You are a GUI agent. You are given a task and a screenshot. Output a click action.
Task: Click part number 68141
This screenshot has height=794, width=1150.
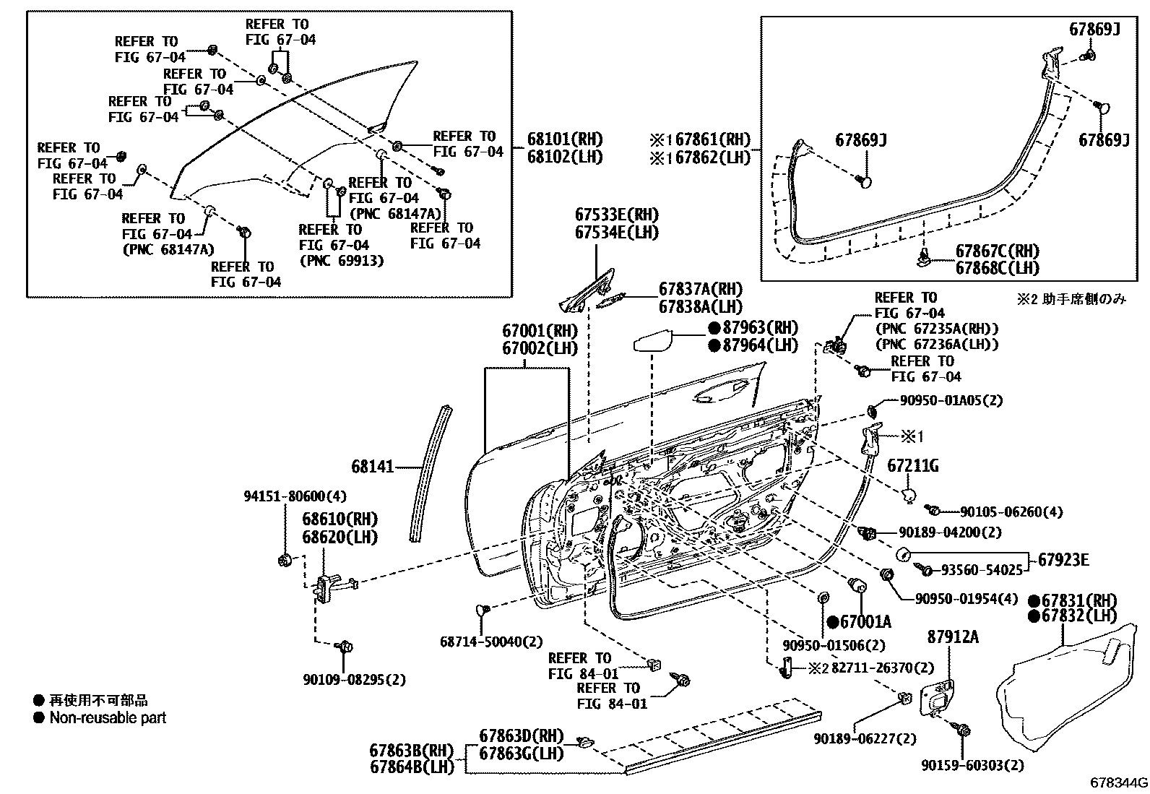click(x=373, y=467)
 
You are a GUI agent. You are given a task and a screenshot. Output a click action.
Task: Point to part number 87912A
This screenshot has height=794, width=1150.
click(x=953, y=637)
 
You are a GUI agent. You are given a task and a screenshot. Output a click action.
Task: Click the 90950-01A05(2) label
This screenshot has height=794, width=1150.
click(x=951, y=400)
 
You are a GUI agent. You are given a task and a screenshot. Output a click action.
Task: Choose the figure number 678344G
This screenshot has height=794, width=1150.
click(x=1119, y=783)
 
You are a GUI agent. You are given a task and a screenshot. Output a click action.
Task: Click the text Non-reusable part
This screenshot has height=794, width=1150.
click(x=108, y=718)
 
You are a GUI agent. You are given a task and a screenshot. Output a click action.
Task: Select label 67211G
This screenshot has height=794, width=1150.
click(x=913, y=466)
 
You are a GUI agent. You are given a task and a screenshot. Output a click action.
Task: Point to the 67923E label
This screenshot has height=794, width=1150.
click(x=1064, y=559)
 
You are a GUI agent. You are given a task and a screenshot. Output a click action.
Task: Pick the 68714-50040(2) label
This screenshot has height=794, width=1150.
click(x=491, y=642)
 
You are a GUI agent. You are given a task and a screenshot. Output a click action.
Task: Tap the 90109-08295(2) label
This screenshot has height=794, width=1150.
click(x=354, y=679)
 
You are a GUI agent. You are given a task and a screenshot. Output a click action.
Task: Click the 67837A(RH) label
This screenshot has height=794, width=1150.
click(x=700, y=289)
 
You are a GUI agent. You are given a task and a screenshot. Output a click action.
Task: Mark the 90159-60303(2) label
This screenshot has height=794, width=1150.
click(x=972, y=765)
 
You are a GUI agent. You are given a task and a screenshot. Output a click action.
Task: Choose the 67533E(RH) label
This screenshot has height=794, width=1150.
click(x=617, y=215)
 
